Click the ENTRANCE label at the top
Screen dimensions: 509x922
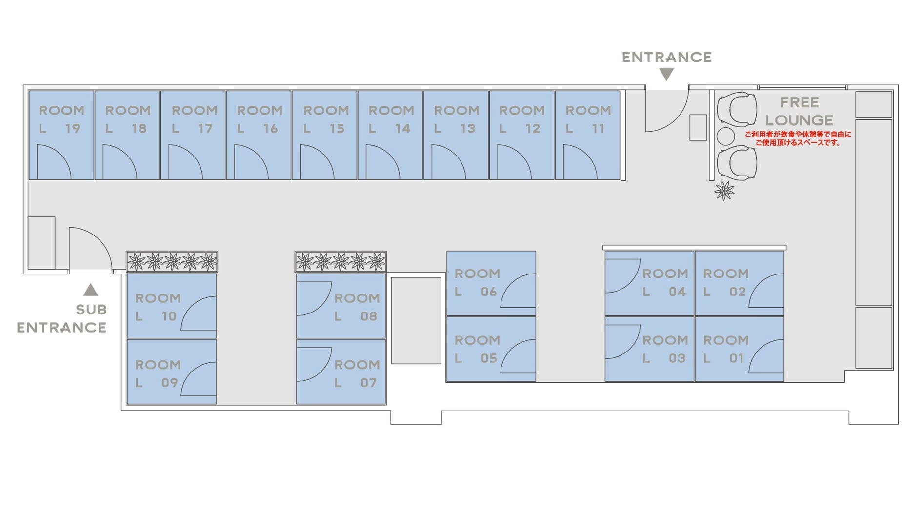666,58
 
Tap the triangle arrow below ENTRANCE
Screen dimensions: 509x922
666,75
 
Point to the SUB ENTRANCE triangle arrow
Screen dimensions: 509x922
90,290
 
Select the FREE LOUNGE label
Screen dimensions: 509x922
799,111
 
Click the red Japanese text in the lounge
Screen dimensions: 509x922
798,138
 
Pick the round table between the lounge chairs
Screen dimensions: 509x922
725,136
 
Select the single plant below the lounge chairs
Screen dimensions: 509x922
724,191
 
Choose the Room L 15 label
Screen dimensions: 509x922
326,119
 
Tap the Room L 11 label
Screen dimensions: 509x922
588,119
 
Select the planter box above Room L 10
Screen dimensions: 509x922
172,262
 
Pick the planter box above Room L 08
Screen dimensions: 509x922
341,262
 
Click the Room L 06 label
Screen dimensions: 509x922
477,282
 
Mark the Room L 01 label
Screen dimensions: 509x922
725,349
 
